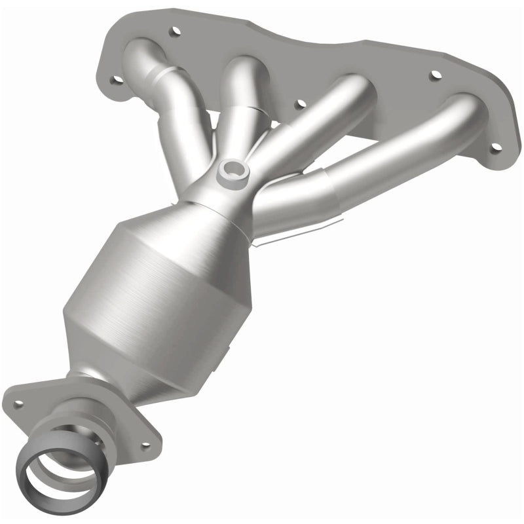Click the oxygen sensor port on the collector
pos(233,172)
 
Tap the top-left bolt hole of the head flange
pos(175,30)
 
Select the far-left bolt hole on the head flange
pos(117,80)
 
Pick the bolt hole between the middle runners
pos(299,103)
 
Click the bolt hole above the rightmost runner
pos(434,75)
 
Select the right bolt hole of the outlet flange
pos(145,445)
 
